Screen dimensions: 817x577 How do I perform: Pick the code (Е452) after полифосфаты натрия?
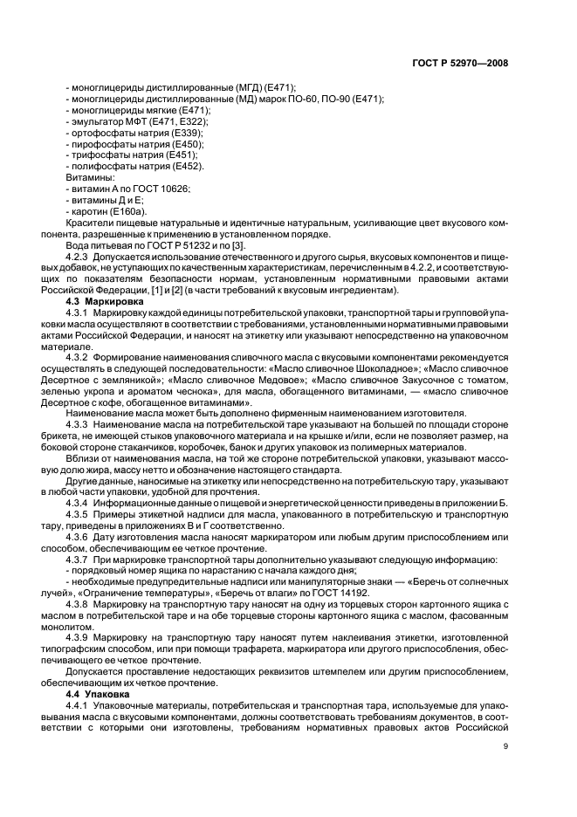pos(187,166)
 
